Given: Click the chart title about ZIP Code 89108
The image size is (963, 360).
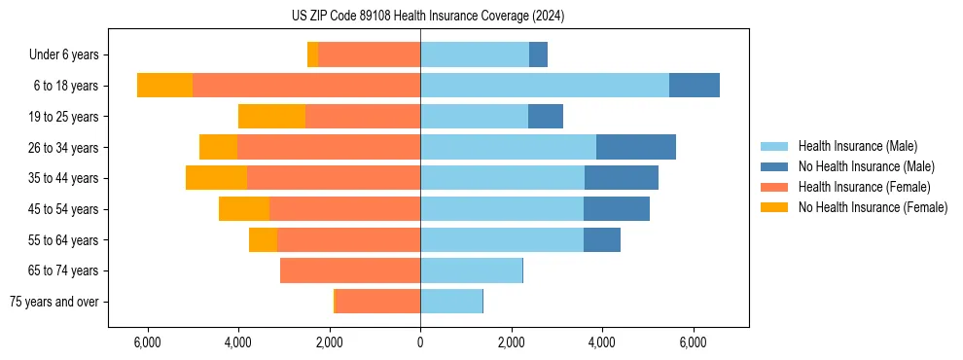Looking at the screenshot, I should [427, 16].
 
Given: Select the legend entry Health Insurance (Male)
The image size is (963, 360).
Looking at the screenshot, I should [856, 146].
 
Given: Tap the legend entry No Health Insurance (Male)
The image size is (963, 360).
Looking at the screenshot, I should [866, 166].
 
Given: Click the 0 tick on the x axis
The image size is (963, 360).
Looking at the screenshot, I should [420, 342].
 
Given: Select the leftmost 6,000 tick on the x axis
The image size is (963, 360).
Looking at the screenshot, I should [147, 342].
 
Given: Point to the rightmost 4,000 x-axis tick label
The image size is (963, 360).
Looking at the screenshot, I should [602, 342].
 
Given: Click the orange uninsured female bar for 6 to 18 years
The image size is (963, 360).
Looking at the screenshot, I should [164, 86].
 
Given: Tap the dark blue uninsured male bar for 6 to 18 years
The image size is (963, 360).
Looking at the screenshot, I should [695, 86].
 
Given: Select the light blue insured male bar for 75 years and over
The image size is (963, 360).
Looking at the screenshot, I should [451, 302].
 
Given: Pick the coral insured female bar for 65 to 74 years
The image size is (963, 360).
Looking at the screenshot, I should [350, 270].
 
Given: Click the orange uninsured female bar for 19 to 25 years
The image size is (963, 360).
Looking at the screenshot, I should [271, 117].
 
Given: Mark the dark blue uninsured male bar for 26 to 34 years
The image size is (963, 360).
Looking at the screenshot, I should [636, 147].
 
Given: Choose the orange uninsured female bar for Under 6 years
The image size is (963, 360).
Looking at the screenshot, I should [312, 54].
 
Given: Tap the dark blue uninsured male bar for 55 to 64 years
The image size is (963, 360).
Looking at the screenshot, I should [602, 239].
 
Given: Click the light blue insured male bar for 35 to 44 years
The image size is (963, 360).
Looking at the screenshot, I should [502, 178].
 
